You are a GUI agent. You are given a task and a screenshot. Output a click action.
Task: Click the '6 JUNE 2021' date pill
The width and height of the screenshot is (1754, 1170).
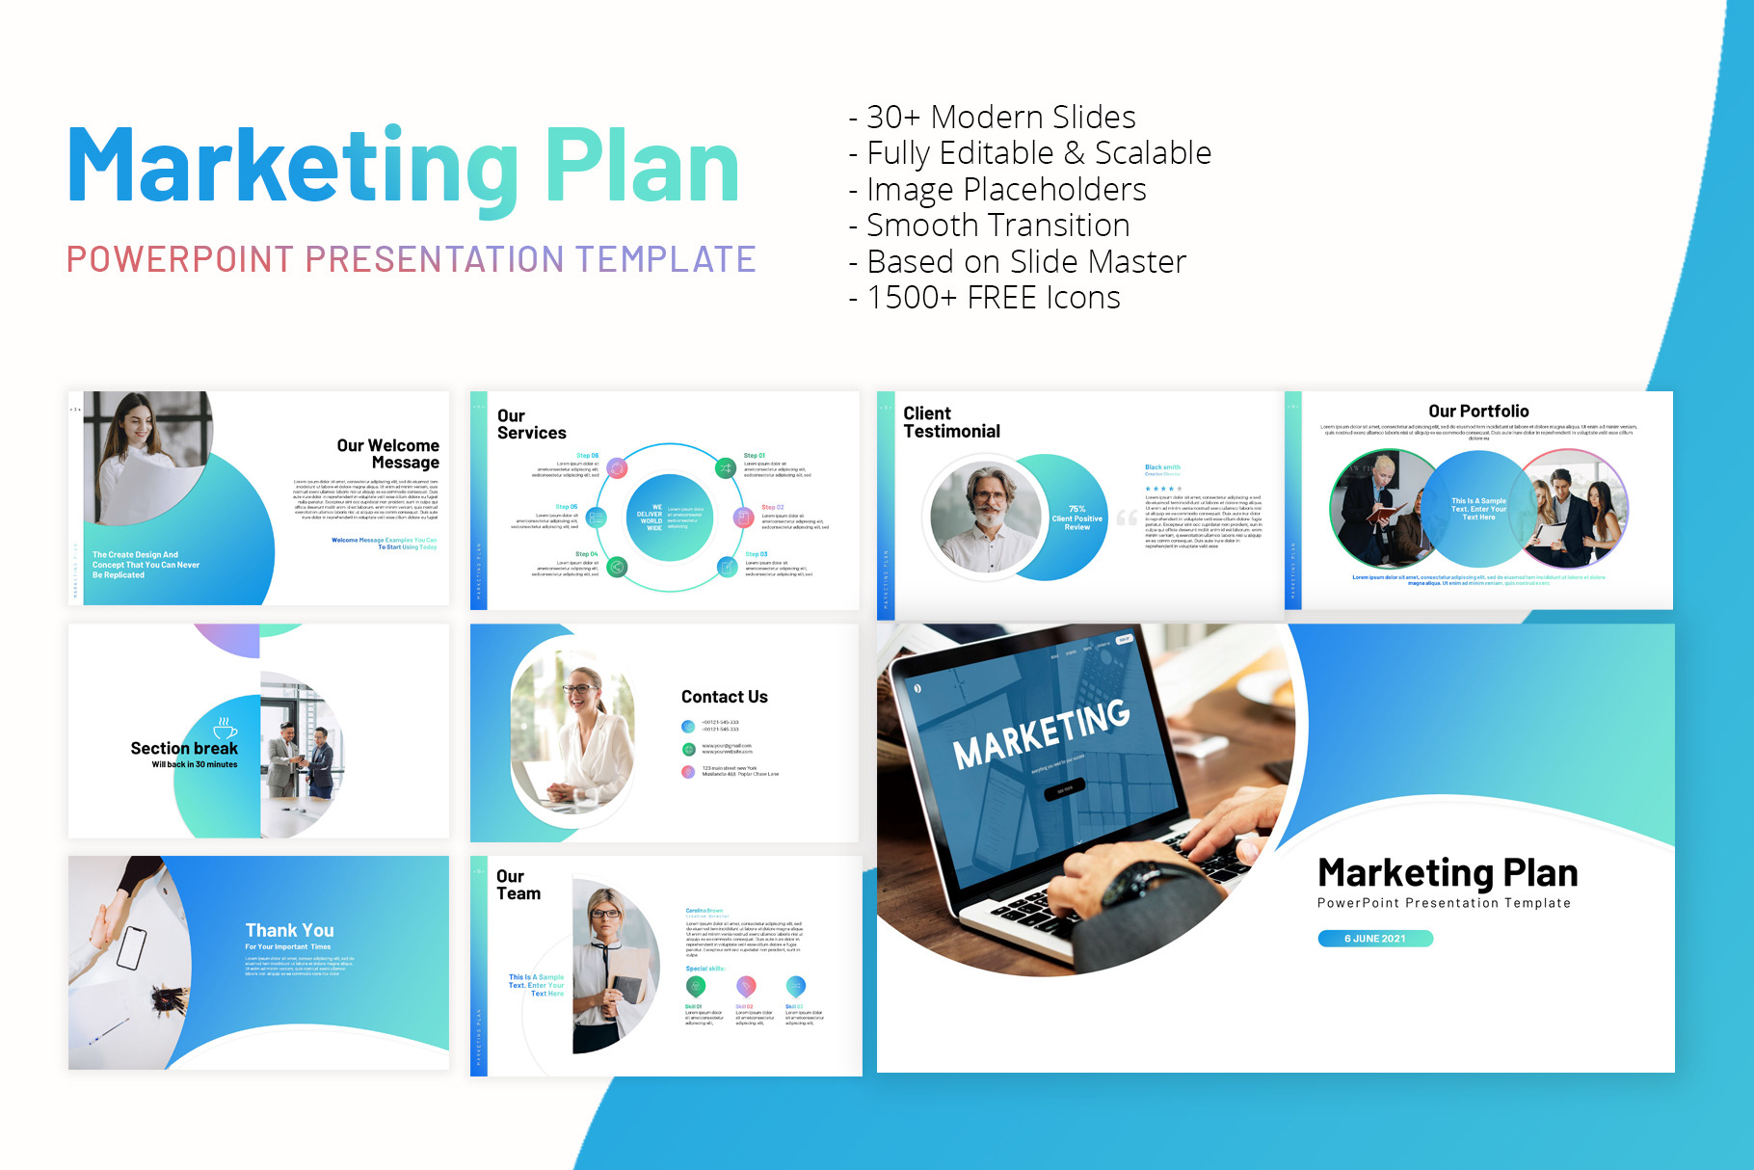1374,939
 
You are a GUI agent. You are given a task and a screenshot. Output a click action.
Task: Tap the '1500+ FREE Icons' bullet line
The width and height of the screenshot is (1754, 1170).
993,298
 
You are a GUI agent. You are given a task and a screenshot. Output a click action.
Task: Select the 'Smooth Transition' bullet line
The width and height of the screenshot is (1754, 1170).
997,226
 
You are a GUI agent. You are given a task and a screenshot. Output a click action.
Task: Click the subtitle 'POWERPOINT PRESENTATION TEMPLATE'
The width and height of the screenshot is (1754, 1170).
411,259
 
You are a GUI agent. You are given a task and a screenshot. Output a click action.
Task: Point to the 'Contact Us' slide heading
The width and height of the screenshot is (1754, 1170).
724,697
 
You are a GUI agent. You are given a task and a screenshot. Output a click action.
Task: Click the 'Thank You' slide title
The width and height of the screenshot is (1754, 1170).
289,930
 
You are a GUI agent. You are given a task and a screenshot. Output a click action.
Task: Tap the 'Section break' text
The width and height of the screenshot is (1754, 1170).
184,749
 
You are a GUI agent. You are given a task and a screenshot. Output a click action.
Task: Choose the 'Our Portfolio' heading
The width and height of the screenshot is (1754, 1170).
1478,412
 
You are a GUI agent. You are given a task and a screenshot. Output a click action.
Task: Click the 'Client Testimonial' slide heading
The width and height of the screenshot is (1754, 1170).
951,422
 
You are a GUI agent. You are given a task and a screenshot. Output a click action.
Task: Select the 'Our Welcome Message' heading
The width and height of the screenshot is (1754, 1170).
388,454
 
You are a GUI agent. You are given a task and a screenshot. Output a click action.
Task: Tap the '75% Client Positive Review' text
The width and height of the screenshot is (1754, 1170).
1076,518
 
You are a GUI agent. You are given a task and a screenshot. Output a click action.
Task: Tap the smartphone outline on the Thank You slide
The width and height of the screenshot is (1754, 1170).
131,947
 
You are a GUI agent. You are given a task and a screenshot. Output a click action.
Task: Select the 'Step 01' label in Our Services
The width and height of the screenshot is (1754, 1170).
754,456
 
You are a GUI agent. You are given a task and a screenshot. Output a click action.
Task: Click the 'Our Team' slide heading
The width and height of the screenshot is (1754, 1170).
518,885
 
